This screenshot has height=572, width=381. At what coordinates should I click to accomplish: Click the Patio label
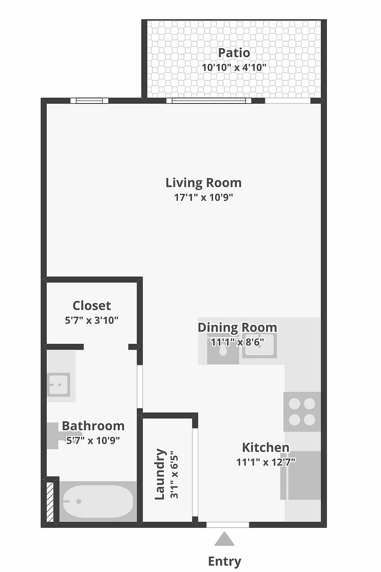pos(234,53)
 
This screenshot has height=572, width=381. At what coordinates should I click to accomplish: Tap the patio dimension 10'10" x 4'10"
pos(234,67)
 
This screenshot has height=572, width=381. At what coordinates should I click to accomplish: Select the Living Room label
pos(203,183)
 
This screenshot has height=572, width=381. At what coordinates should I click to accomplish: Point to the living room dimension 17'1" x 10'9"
pos(203,197)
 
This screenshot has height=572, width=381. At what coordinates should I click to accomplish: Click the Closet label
pos(92,305)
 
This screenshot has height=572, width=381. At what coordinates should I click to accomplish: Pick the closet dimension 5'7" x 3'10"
pos(92,320)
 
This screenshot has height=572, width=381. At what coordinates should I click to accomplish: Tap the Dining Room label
pos(237,327)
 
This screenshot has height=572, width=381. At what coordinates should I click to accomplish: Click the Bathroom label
pos(93,426)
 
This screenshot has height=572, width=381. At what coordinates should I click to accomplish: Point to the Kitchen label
pos(266,447)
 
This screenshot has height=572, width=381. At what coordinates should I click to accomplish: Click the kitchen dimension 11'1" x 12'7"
pos(266,462)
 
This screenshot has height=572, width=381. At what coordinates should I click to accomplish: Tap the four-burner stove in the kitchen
pos(302,412)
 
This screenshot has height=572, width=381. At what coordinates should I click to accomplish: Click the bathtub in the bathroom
pos(98,501)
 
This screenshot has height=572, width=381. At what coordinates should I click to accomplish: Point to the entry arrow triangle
pos(224,540)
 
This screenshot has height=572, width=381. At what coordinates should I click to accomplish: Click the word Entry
pos(224,561)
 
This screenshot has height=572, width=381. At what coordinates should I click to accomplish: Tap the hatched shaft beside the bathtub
pos(50,502)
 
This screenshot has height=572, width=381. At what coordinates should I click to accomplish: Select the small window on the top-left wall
pos(89,101)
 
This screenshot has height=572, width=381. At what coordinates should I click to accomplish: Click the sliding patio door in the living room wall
pos(209,101)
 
